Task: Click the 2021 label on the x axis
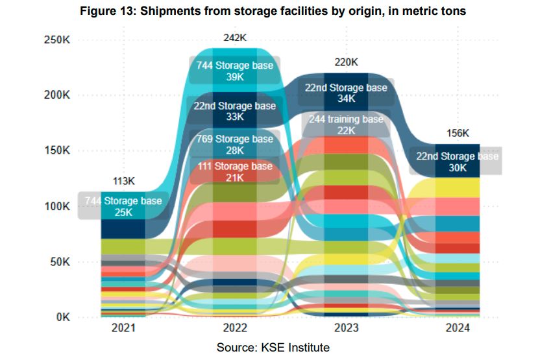click(123, 329)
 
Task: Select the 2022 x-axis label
click(235, 329)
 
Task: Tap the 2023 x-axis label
click(346, 329)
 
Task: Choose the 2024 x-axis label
click(458, 329)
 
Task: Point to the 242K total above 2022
click(235, 38)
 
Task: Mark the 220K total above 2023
click(346, 62)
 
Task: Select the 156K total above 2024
click(458, 133)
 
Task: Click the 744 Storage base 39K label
click(235, 70)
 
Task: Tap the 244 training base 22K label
click(346, 125)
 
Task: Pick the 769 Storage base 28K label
click(235, 145)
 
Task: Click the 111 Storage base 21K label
click(235, 172)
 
